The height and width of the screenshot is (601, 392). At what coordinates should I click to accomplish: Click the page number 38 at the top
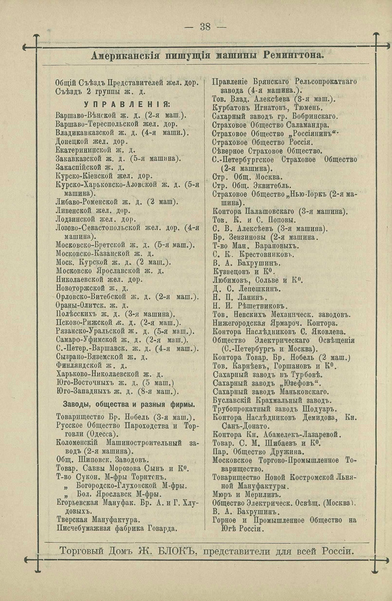(205, 27)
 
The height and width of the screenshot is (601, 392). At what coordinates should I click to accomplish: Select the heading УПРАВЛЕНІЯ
(127, 105)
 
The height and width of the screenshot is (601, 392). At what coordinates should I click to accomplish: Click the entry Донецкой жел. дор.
(92, 142)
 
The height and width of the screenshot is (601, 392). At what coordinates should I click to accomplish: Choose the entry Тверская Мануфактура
(97, 519)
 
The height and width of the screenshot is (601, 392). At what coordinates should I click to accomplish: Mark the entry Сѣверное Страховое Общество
(267, 151)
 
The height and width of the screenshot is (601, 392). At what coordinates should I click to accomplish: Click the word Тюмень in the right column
(306, 107)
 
